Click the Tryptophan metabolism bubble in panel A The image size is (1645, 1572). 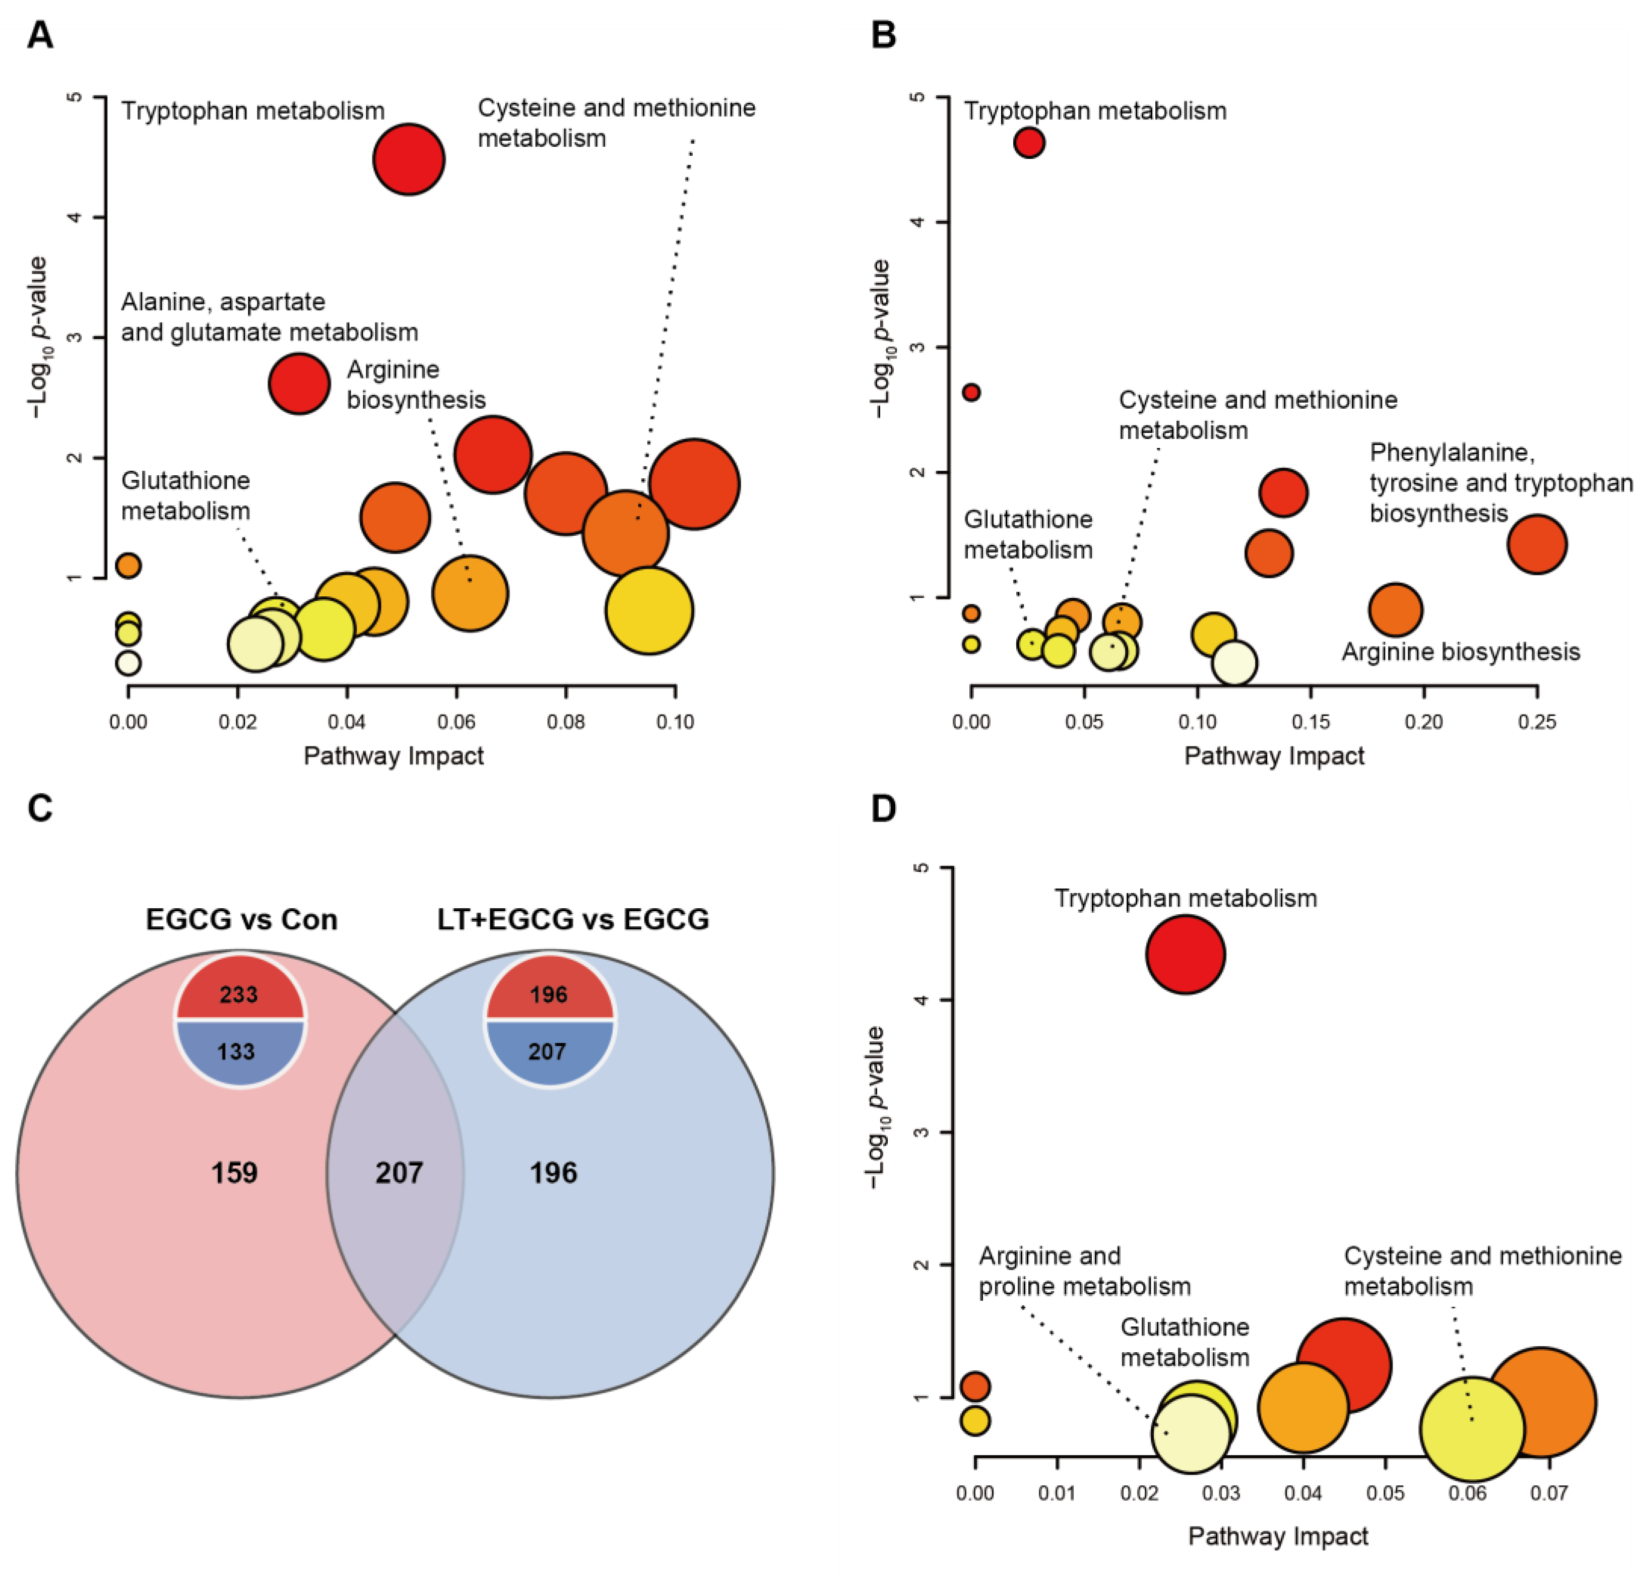pyautogui.click(x=408, y=159)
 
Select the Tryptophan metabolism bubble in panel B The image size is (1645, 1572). pyautogui.click(x=1028, y=143)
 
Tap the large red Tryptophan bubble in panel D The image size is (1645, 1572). pyautogui.click(x=1185, y=955)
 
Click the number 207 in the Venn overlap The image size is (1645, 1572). pyautogui.click(x=399, y=1172)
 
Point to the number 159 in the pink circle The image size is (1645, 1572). pyautogui.click(x=234, y=1172)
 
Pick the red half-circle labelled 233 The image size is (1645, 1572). pyautogui.click(x=239, y=990)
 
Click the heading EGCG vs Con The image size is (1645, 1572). pyautogui.click(x=241, y=919)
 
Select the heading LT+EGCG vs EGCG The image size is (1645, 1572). pyautogui.click(x=573, y=919)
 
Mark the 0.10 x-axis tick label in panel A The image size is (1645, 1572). pyautogui.click(x=675, y=721)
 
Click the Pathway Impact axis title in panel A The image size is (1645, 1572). pyautogui.click(x=393, y=756)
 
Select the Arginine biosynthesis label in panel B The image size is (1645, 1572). pyautogui.click(x=1461, y=652)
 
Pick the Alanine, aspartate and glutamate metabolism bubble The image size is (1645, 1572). pyautogui.click(x=299, y=383)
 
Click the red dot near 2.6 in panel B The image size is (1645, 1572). pyautogui.click(x=971, y=392)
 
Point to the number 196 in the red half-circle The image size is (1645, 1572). pyautogui.click(x=549, y=994)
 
